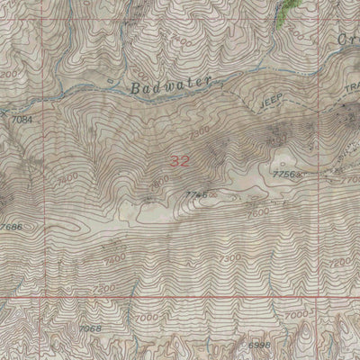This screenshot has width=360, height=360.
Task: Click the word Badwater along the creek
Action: tap(169, 85)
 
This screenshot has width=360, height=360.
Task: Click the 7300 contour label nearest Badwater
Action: tap(200, 131)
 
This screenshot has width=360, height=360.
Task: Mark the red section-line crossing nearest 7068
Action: tap(35, 296)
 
